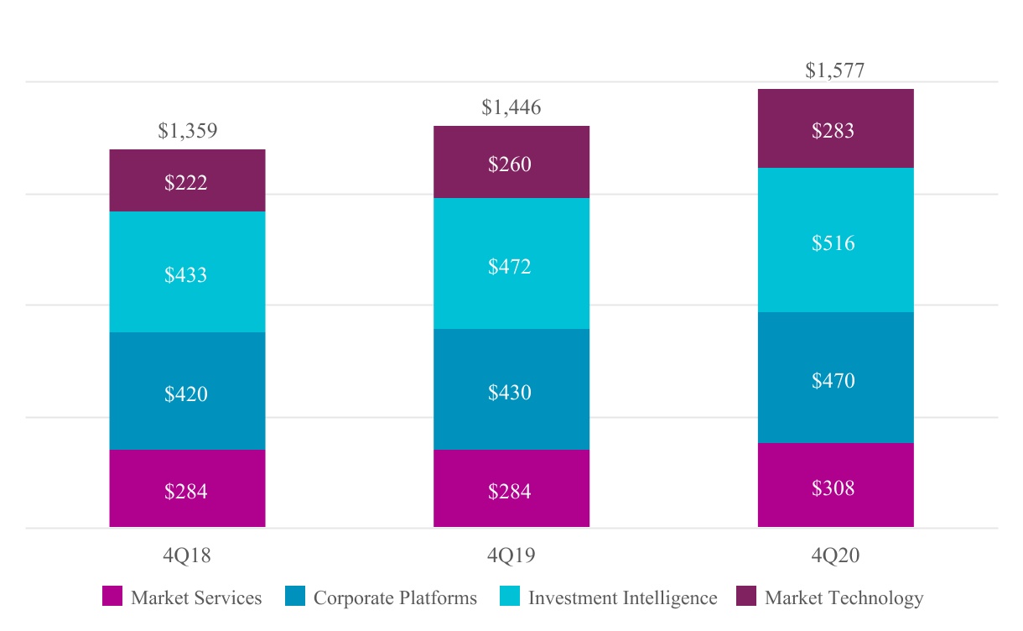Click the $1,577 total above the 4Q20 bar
pos(834,71)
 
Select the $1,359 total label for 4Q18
pos(187,132)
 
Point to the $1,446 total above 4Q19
pos(511,108)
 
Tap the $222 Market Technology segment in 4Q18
pos(187,181)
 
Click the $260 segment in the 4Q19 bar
pos(511,163)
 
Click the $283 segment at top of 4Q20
pos(834,129)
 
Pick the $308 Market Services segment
pos(834,486)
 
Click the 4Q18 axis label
pos(187,555)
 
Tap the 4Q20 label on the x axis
pos(834,555)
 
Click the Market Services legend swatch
pos(112,597)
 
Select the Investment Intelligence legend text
pos(622,598)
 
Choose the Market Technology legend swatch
pos(746,597)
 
